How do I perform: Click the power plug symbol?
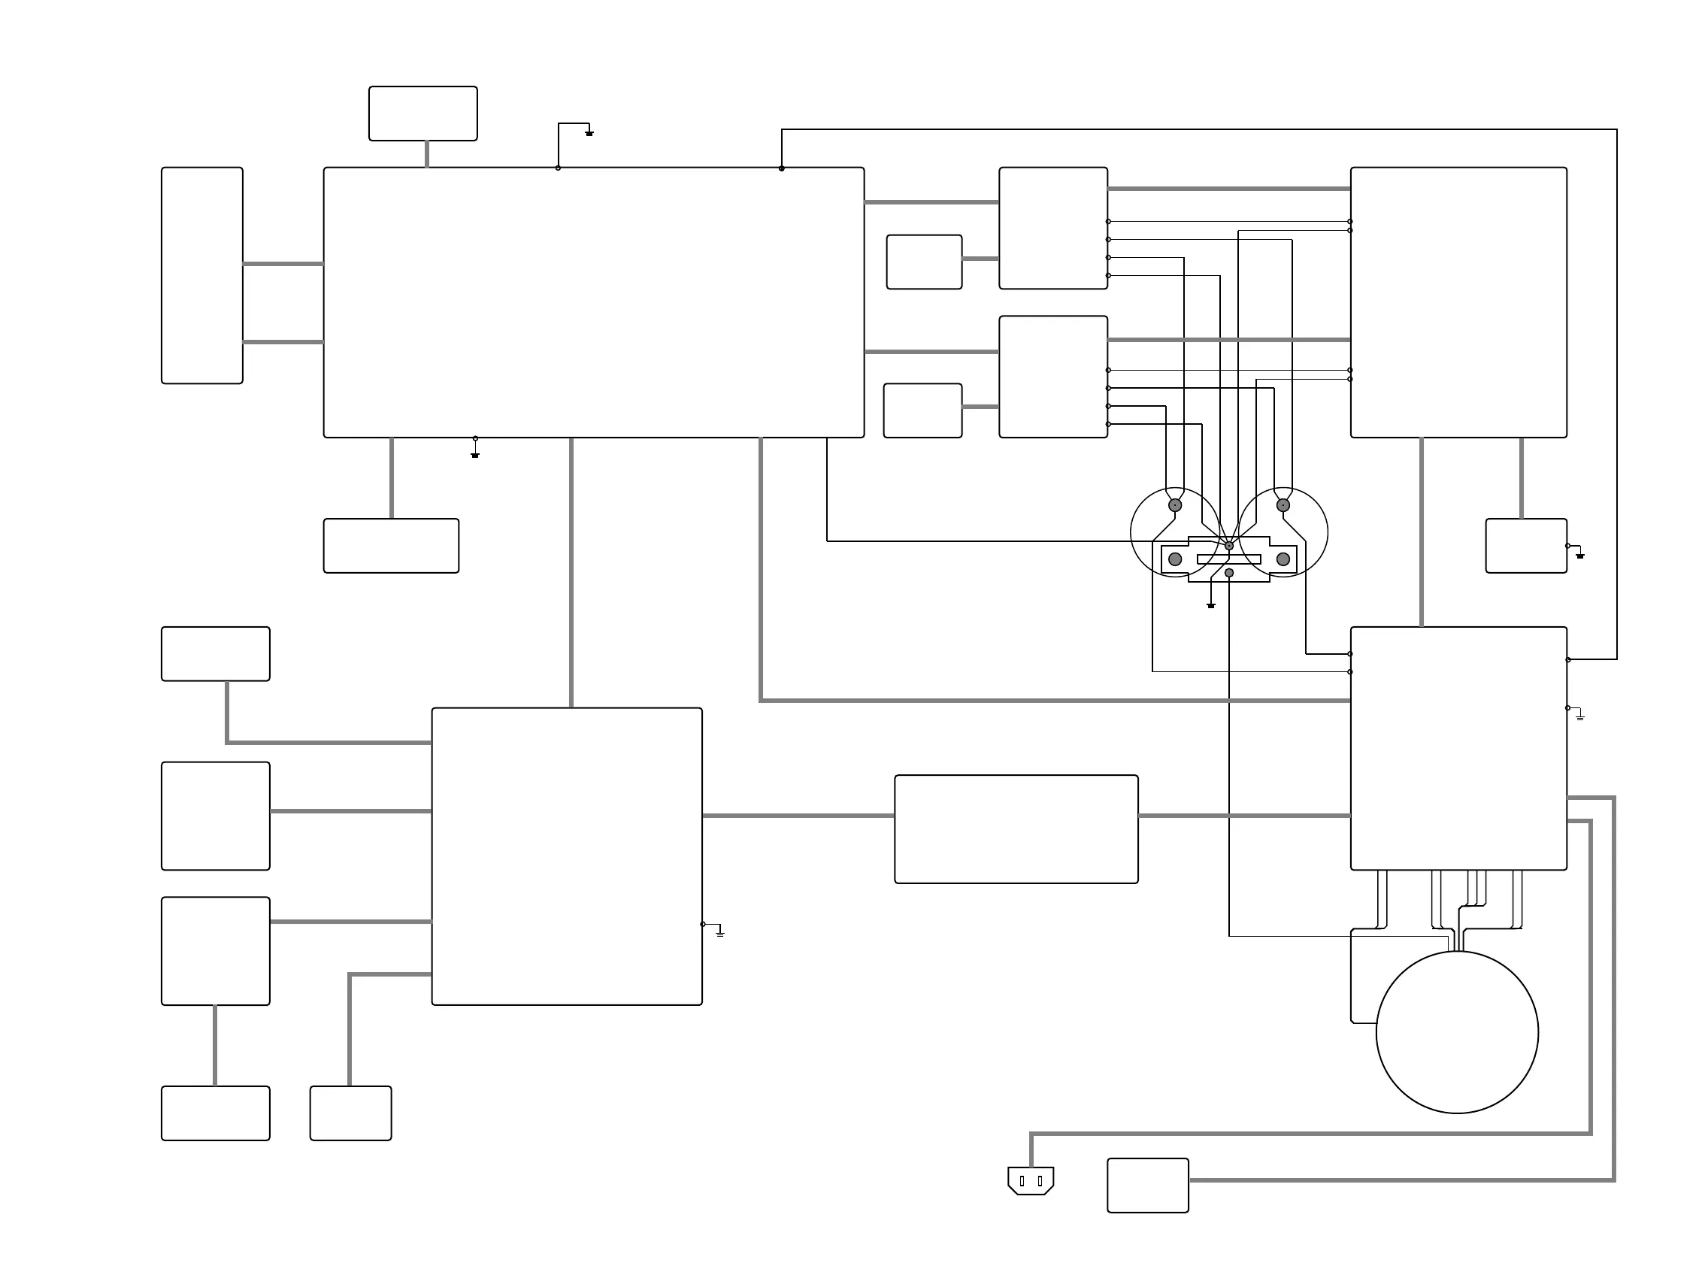tap(1030, 1180)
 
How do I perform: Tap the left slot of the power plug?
tap(1022, 1181)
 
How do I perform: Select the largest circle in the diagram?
tap(1457, 1031)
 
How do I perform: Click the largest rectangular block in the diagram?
tap(594, 302)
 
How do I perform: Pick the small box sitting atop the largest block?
tap(423, 114)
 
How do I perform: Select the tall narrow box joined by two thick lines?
tap(202, 275)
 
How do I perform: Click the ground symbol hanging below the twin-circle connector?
tap(1211, 604)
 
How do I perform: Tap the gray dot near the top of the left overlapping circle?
tap(1175, 505)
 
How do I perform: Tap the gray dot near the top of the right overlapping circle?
tap(1283, 505)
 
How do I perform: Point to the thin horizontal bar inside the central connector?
tap(1228, 559)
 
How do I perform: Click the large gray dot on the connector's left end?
tap(1175, 559)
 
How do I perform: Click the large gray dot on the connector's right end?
tap(1283, 559)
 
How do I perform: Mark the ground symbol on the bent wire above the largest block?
tap(589, 133)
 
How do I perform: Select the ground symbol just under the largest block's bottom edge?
tap(475, 454)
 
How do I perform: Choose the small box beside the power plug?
tap(1147, 1186)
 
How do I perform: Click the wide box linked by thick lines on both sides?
tap(1016, 829)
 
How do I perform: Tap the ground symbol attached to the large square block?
tap(719, 934)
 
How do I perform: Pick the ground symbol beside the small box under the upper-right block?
tap(1579, 555)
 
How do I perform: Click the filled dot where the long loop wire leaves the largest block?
tap(782, 168)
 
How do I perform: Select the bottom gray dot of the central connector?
tap(1229, 573)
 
